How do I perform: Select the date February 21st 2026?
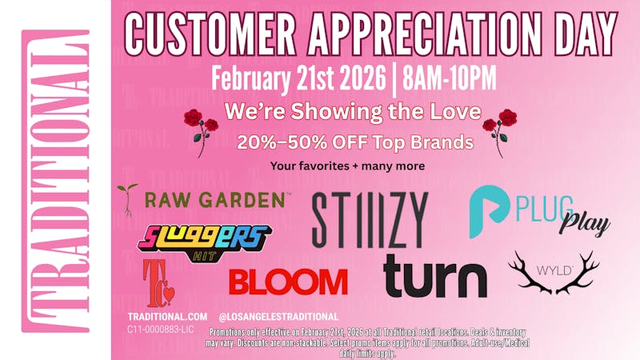(x=299, y=78)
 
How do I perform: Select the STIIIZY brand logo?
(x=370, y=219)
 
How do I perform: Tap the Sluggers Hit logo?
(x=206, y=238)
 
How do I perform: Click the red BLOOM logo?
(x=288, y=281)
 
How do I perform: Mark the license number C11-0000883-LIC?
(x=160, y=329)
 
